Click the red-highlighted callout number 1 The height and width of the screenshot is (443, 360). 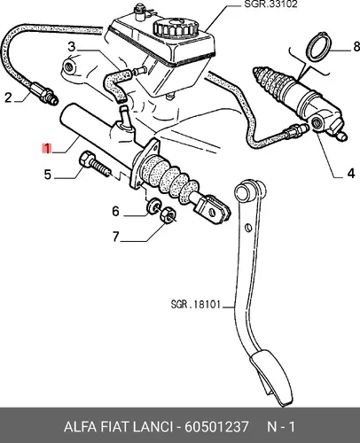click(x=47, y=148)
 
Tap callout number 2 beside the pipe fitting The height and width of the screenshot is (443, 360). click(x=8, y=97)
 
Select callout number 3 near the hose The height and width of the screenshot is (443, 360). click(x=72, y=47)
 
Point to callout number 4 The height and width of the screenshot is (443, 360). click(x=350, y=174)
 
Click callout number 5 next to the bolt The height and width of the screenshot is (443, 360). click(x=48, y=175)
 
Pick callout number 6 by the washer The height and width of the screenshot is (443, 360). click(x=115, y=212)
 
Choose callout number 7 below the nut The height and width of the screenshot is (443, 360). click(x=115, y=237)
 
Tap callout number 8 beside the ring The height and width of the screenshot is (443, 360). click(x=356, y=47)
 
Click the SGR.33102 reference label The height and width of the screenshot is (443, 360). click(x=270, y=4)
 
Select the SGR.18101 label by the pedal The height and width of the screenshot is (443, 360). click(x=196, y=304)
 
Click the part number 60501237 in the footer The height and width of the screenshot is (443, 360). click(x=216, y=427)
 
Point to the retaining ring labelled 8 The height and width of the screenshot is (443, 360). click(x=319, y=47)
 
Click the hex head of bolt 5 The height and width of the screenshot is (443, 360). click(x=86, y=159)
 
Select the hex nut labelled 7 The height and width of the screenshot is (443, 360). click(x=168, y=214)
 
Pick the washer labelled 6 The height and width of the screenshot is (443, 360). click(x=153, y=206)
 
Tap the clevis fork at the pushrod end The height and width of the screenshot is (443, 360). click(x=213, y=208)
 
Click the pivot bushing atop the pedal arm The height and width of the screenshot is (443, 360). click(x=247, y=192)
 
